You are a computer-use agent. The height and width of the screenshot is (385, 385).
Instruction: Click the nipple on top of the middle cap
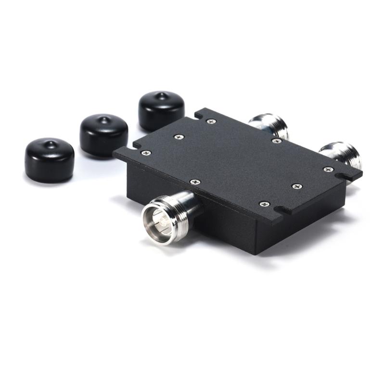point(103,118)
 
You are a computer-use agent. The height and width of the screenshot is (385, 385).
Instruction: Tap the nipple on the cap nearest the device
point(161,95)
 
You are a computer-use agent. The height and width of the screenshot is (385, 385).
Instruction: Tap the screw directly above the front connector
point(194,182)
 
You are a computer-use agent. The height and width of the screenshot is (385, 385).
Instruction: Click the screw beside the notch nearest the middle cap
point(146,153)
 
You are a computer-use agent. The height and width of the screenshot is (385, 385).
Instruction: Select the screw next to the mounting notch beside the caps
point(211,121)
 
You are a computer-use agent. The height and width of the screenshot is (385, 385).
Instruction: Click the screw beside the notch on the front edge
point(264,204)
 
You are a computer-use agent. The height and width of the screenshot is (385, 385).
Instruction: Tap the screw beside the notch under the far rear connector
point(328,169)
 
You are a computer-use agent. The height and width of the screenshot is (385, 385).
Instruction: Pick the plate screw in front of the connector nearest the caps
point(276,141)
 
